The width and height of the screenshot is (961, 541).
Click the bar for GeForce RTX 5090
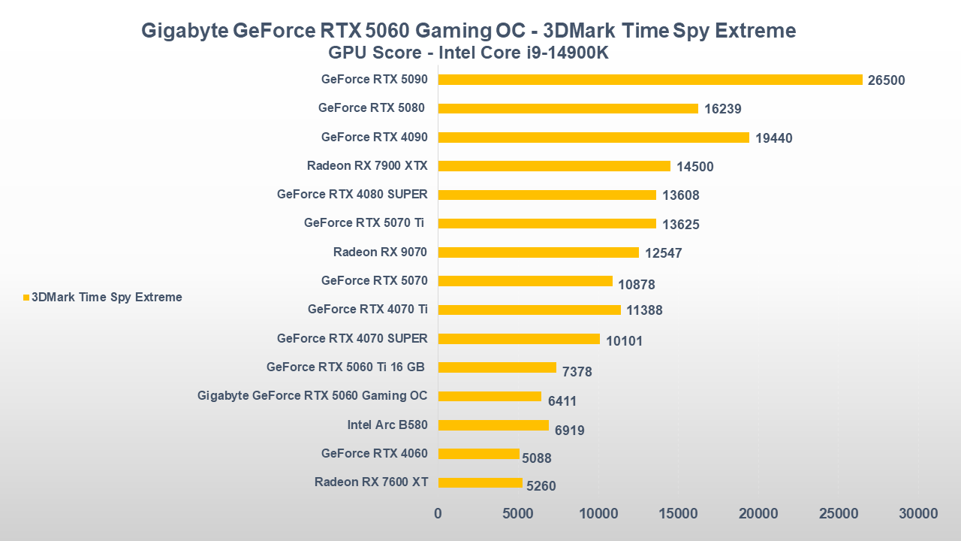tap(650, 80)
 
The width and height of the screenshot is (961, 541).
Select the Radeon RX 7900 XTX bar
tap(554, 166)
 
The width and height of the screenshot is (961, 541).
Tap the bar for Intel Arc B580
tap(493, 425)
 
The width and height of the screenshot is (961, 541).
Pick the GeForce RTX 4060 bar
tap(478, 454)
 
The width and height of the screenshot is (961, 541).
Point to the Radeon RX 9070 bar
tap(538, 252)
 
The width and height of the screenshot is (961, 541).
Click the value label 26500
tap(886, 80)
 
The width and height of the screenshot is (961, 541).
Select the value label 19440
tap(774, 138)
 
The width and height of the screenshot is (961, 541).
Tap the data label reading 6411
tap(562, 401)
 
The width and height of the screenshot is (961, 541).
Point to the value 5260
tap(541, 486)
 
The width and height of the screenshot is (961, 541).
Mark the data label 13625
tap(681, 224)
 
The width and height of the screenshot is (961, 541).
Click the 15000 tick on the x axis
tap(678, 514)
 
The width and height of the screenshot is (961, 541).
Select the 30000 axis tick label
tap(918, 514)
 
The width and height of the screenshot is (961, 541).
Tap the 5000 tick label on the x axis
tap(518, 514)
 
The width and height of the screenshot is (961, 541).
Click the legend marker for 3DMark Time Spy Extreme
tap(26, 298)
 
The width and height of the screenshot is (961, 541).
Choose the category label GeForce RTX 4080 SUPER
tap(352, 195)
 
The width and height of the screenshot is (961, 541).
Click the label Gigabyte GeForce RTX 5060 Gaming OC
tap(312, 396)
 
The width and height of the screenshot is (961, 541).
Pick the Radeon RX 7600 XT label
tap(371, 482)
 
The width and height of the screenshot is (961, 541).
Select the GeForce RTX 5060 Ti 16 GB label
tap(345, 367)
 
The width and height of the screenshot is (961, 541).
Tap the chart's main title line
tap(468, 31)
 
